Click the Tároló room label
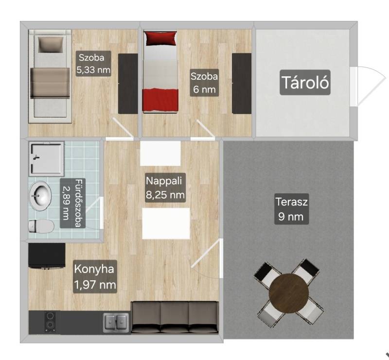pos(305,82)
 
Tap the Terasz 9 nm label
pos(291,209)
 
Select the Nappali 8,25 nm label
pos(165,188)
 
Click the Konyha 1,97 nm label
pos(95,276)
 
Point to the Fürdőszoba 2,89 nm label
pos(72,203)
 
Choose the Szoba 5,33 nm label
pos(93,64)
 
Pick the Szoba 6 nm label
pos(204,82)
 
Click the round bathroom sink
pos(40,196)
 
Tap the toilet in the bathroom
pos(41,226)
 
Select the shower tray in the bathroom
pos(47,159)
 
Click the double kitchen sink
pos(116,323)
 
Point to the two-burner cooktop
pos(51,322)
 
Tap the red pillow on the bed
pos(161,38)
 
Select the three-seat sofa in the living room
pos(175,317)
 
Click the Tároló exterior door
pos(370,86)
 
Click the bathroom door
pos(94,213)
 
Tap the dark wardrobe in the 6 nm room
pos(241,84)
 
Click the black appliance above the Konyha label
pos(47,256)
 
